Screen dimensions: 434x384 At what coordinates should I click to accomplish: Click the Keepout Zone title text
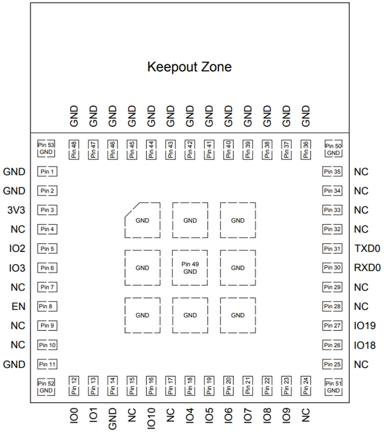(x=189, y=67)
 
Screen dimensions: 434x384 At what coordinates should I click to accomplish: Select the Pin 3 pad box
(x=47, y=210)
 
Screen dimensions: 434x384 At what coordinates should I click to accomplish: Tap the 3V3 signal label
(x=16, y=210)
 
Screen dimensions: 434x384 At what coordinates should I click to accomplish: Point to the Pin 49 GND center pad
(x=190, y=268)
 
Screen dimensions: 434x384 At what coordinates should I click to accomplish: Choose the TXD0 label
(x=367, y=249)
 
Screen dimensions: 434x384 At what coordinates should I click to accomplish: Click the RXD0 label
(x=367, y=268)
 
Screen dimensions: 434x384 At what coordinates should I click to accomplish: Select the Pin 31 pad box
(x=332, y=249)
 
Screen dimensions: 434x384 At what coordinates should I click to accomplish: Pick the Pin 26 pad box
(x=332, y=345)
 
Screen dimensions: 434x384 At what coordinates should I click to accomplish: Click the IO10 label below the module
(x=151, y=418)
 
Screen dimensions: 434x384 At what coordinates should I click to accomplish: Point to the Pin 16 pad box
(x=151, y=385)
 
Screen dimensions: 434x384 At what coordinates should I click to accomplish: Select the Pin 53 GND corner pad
(x=47, y=149)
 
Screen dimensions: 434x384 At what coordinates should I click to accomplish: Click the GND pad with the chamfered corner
(x=142, y=220)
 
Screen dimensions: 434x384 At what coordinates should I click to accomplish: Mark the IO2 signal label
(x=17, y=249)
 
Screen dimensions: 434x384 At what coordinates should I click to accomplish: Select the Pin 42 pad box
(x=190, y=150)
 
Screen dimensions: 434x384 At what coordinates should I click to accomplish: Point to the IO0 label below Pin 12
(x=74, y=415)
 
